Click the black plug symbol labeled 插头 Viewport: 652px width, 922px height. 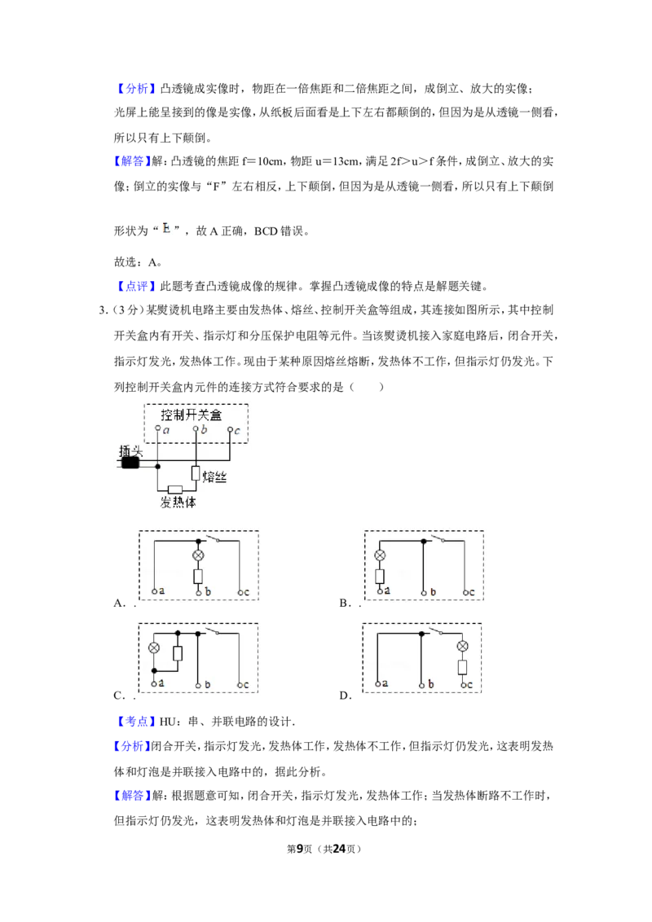[130, 463]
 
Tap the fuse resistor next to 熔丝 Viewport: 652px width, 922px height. [196, 473]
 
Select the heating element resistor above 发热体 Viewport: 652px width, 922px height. [175, 490]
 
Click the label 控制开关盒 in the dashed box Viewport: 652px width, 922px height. [192, 415]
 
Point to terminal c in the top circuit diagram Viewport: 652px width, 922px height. [231, 430]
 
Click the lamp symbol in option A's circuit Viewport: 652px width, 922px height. [198, 555]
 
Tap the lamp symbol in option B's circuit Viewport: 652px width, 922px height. [380, 555]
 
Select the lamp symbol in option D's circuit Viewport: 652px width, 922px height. [463, 646]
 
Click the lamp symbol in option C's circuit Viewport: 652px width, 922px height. [153, 648]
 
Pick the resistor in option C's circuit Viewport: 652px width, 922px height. [177, 653]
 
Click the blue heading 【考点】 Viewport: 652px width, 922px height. [134, 722]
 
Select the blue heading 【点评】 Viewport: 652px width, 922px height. [134, 287]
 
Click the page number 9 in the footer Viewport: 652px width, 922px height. [300, 849]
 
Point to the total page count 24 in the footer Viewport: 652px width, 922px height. [339, 849]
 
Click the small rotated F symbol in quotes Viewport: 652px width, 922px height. [166, 228]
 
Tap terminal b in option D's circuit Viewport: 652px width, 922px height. [422, 685]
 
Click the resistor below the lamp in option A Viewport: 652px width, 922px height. [198, 576]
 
